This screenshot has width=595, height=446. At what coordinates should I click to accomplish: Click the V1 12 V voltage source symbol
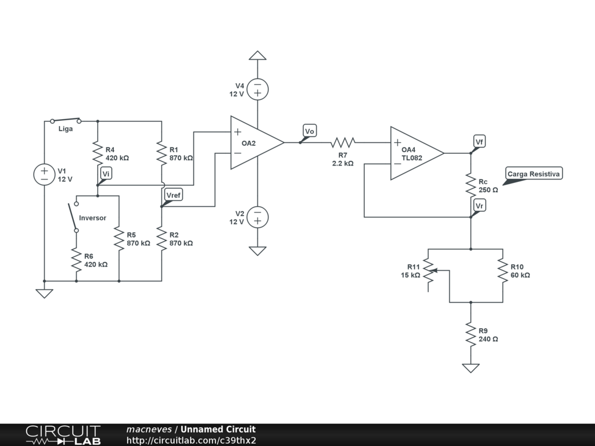[x=44, y=175]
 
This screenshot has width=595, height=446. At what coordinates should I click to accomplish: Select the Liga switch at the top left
[x=66, y=121]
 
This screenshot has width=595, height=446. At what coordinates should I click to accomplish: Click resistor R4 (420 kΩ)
[x=98, y=153]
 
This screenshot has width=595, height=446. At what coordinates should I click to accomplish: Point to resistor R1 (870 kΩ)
[x=162, y=153]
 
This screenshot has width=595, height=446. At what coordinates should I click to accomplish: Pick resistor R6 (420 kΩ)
[x=76, y=260]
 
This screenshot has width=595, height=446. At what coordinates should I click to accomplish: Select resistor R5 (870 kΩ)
[x=119, y=239]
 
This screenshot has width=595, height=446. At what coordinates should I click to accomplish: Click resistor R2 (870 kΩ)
[x=162, y=239]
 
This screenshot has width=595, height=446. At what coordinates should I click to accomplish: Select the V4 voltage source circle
[x=257, y=89]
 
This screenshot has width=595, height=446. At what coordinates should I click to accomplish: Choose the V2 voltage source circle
[x=257, y=217]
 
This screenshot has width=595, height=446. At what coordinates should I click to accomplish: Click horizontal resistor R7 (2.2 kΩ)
[x=343, y=143]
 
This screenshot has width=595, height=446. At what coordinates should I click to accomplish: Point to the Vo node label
[x=310, y=131]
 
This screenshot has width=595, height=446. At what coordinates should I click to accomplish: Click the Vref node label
[x=174, y=195]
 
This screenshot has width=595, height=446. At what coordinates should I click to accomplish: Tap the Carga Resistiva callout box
[x=533, y=174]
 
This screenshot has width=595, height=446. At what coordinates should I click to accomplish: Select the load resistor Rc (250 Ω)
[x=471, y=185]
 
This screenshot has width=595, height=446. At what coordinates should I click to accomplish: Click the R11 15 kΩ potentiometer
[x=428, y=271]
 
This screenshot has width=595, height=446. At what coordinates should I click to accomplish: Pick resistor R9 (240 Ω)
[x=471, y=334]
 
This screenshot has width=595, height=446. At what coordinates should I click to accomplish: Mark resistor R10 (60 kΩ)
[x=503, y=271]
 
